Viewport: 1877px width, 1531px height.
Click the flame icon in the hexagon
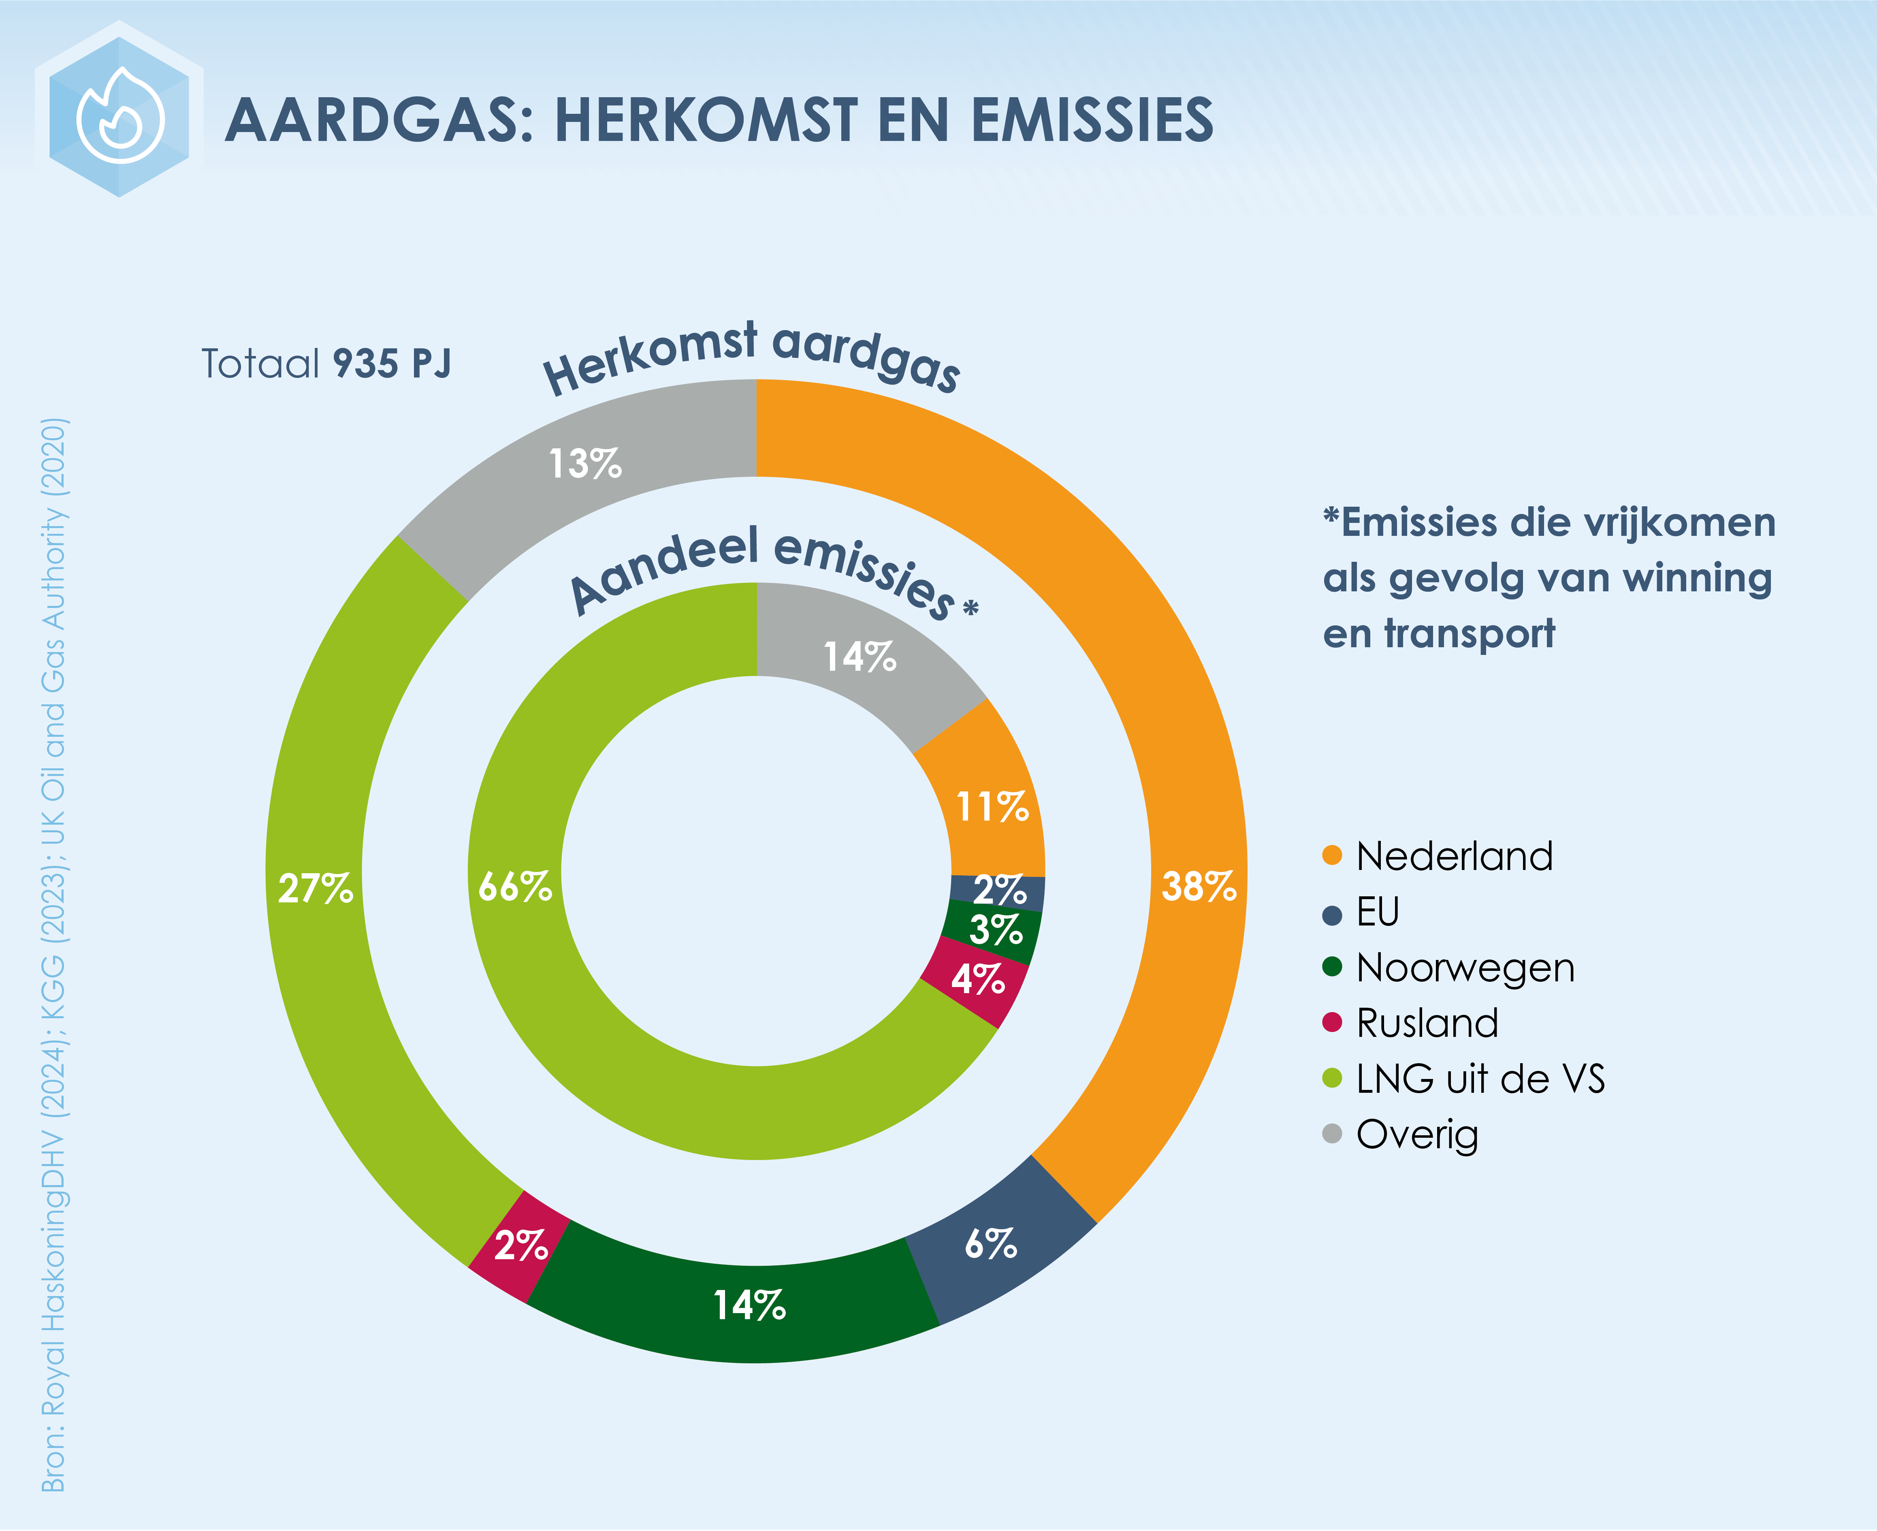click(x=120, y=115)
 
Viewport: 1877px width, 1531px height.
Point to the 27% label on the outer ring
click(x=315, y=888)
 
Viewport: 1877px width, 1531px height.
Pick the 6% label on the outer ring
click(x=990, y=1244)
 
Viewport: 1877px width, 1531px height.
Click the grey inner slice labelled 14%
click(x=860, y=657)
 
